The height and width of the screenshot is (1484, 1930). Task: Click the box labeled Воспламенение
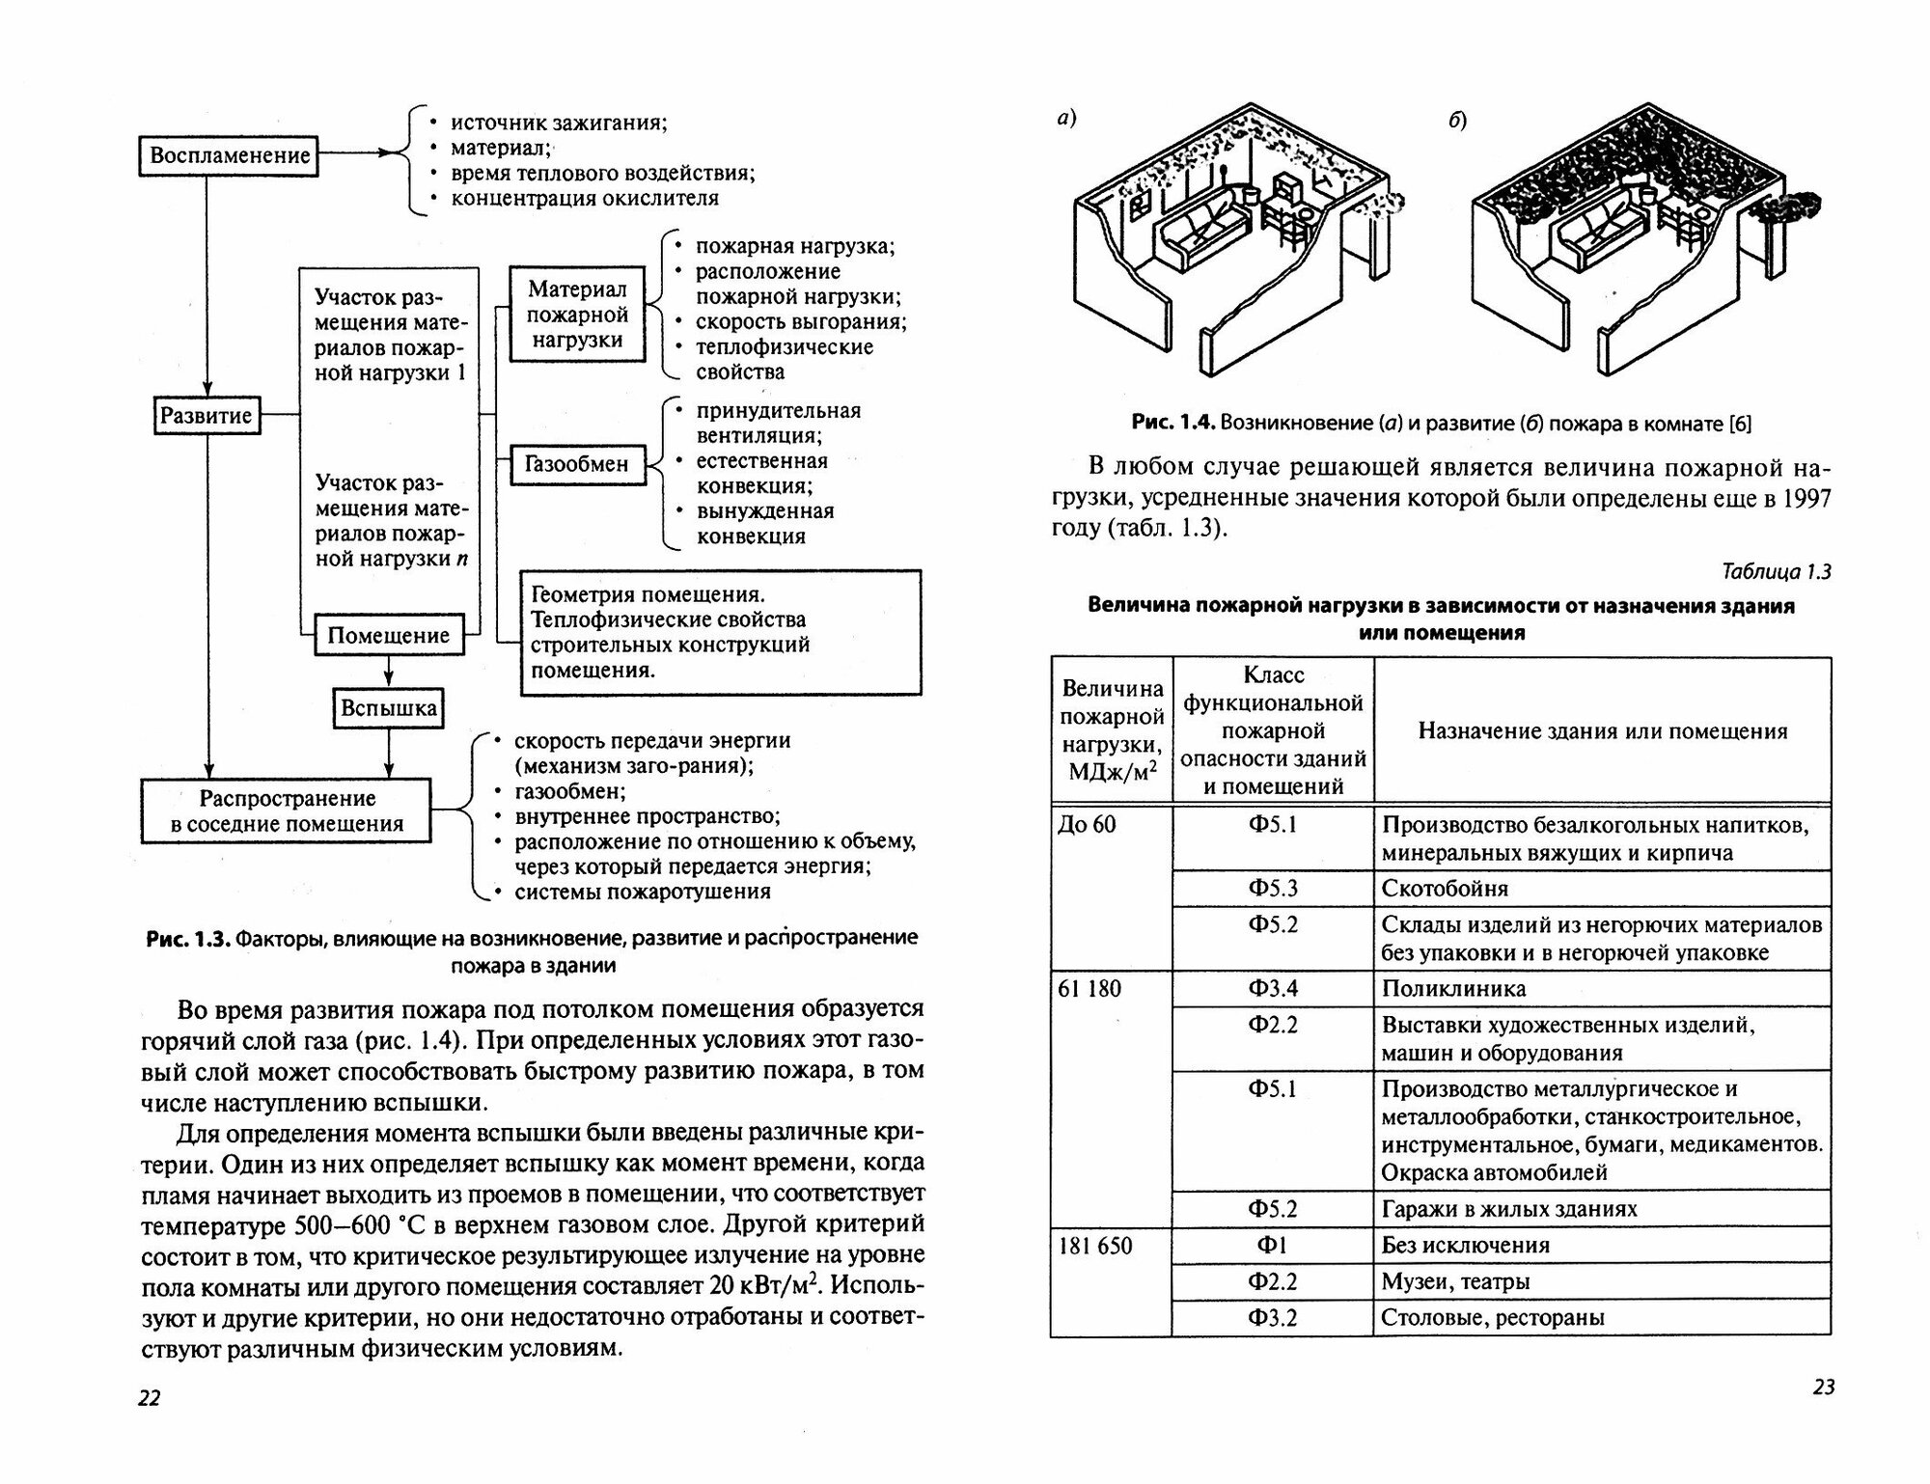230,155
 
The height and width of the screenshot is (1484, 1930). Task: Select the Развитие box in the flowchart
207,416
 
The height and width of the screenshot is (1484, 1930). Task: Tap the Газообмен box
576,464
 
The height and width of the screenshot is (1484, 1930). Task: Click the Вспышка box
388,709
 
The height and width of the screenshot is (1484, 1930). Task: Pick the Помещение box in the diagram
388,636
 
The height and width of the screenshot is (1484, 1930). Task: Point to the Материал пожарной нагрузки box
577,315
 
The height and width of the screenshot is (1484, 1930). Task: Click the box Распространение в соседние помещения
287,811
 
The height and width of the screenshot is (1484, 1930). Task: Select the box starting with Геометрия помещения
720,632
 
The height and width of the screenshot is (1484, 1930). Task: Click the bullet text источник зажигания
559,123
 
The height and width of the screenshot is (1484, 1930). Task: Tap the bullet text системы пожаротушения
642,892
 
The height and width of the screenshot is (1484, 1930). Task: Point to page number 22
150,1398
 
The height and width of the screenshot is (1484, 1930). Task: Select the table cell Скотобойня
1445,889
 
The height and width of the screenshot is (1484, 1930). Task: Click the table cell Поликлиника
1453,989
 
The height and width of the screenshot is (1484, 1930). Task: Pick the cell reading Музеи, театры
1455,1282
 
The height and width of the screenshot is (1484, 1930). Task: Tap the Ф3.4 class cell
1273,989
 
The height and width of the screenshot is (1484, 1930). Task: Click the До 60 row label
1087,825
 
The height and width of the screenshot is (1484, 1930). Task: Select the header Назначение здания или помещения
1602,731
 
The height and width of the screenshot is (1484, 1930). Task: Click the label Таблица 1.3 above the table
1776,572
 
